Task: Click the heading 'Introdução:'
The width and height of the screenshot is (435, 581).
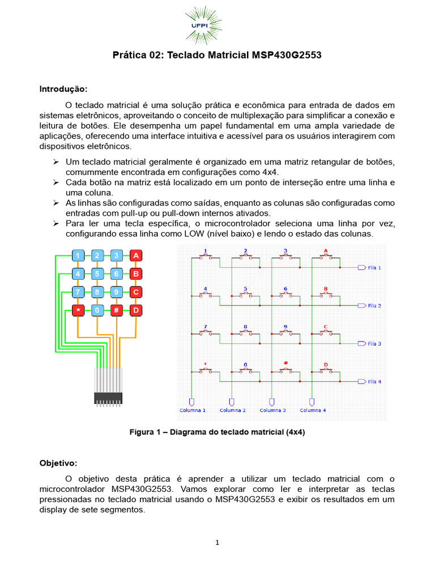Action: click(63, 89)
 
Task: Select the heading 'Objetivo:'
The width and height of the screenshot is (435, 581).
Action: click(58, 463)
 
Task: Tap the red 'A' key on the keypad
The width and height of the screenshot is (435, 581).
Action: click(135, 256)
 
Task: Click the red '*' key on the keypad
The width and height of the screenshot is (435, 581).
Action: click(78, 310)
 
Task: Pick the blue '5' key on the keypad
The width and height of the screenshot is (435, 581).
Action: click(97, 274)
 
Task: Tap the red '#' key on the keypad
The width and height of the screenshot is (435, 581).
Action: click(116, 310)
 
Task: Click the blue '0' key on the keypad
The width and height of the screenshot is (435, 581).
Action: click(97, 310)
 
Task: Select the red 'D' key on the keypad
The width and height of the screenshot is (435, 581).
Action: click(135, 310)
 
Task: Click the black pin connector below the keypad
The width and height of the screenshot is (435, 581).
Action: click(108, 398)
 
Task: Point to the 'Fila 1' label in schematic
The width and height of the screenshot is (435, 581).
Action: click(374, 267)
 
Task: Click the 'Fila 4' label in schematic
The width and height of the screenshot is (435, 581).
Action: click(374, 382)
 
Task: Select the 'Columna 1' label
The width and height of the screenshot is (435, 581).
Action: click(193, 410)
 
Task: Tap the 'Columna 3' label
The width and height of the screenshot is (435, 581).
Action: click(272, 410)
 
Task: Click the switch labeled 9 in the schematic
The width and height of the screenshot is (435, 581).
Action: click(285, 332)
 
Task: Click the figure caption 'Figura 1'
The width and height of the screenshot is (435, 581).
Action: click(217, 432)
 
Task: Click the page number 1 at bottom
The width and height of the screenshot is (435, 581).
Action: click(217, 542)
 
